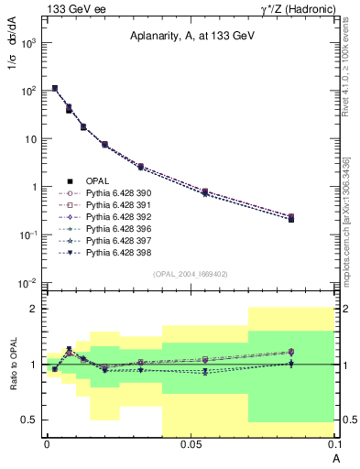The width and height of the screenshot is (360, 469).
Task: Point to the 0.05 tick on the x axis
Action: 191,444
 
